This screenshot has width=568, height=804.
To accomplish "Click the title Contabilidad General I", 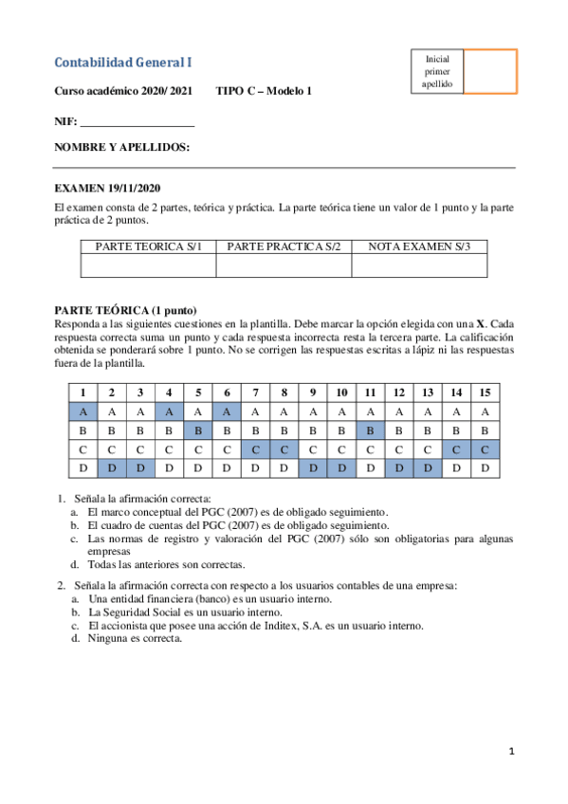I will pos(123,63).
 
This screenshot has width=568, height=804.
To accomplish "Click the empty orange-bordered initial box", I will pos(489,72).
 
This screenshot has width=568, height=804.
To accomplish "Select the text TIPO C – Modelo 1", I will pos(264,91).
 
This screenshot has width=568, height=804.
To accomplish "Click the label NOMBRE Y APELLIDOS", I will pos(121,148).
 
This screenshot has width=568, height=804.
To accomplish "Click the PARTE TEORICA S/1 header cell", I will pos(149,247).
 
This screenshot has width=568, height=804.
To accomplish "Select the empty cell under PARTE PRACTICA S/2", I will pos(284,266).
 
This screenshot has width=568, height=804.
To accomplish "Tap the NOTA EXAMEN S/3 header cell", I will pos(418,247).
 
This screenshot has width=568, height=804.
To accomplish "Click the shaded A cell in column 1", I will pos(83,411).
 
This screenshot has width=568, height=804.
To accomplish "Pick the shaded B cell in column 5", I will pos(197,430).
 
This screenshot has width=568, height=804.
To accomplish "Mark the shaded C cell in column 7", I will pos(256,449).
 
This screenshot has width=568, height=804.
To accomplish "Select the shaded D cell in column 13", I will pos(428,468).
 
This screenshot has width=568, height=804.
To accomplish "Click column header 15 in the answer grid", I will pos(485,393).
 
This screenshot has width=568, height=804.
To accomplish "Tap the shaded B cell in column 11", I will pos(370,430).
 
